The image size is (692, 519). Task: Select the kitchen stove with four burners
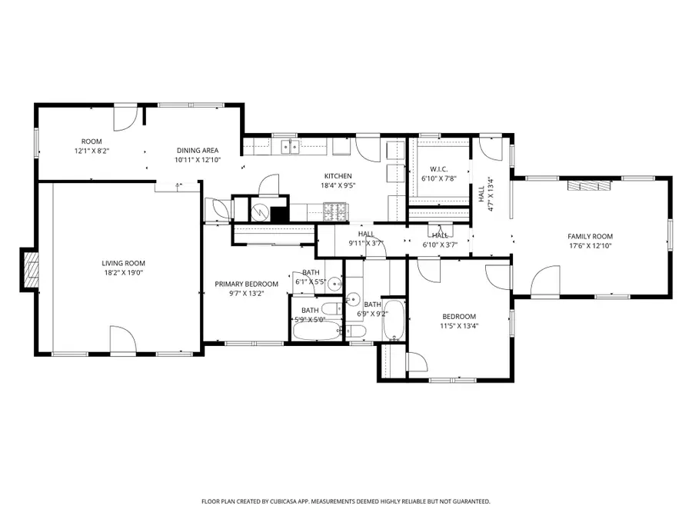tap(335, 208)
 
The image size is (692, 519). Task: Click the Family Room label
tap(590, 237)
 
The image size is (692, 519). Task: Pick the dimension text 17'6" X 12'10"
tap(590, 246)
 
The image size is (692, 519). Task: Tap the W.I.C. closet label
tap(438, 169)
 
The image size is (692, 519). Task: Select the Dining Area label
tap(198, 151)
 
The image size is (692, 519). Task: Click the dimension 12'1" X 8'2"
tap(91, 151)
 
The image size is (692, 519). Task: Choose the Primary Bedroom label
tap(246, 284)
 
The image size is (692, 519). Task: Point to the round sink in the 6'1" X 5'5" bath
tap(332, 284)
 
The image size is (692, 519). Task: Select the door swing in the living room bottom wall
tap(123, 340)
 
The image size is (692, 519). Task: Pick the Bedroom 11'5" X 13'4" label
tap(458, 321)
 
